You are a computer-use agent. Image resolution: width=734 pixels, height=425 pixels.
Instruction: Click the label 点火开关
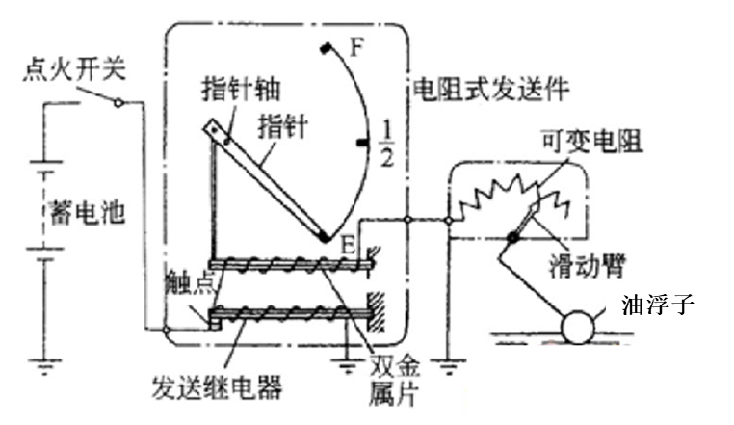coord(75,70)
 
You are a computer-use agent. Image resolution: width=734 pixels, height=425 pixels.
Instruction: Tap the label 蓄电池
coord(87,213)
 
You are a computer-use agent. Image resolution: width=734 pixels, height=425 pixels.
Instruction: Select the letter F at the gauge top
coord(357,47)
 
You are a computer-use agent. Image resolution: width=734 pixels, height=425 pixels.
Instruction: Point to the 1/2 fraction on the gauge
coord(386,143)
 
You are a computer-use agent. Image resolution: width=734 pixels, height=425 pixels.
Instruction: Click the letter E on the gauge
coord(348,245)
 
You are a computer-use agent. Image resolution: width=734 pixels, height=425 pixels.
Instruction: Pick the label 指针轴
coord(241,89)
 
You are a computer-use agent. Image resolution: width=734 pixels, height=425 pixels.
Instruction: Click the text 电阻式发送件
coord(491,88)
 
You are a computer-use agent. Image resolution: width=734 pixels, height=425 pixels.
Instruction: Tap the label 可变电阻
coord(592,141)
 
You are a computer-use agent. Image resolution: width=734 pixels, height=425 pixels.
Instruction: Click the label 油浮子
coord(658,305)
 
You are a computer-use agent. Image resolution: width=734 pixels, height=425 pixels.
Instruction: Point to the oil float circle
coord(579,328)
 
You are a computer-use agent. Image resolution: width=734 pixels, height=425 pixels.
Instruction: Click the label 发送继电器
coord(217,388)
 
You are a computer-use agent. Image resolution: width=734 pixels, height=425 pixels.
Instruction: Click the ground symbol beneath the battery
coord(45,366)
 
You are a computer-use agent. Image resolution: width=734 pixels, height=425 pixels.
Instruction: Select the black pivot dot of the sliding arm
coord(514,238)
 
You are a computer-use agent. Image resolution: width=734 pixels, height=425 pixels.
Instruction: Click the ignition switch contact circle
coord(118,102)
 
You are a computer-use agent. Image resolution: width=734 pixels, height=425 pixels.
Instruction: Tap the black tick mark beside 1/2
coord(362,143)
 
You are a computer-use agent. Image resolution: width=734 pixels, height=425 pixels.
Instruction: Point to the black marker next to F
coord(326,48)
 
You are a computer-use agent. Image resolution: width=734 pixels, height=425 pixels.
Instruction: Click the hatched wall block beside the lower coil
coord(376,311)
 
